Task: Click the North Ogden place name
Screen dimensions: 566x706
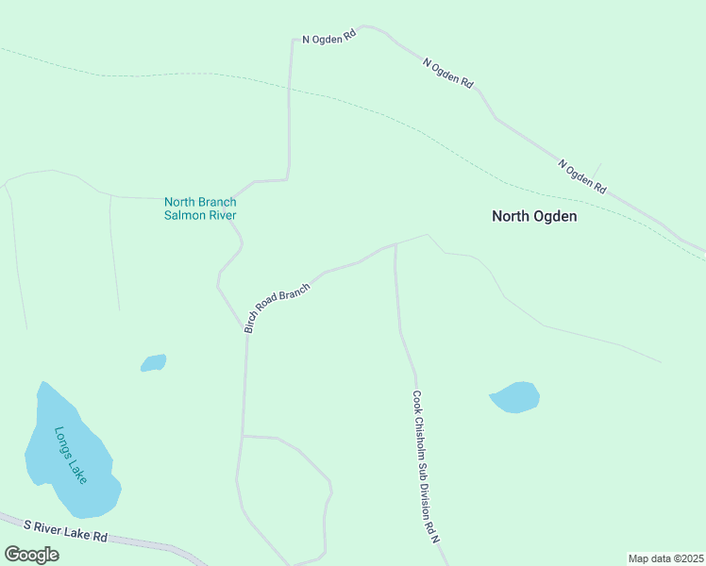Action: pos(534,216)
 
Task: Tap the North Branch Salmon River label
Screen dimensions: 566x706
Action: pos(200,208)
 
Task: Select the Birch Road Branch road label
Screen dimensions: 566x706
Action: pos(277,308)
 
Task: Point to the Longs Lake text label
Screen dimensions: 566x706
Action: pos(71,456)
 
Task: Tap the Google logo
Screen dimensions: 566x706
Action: pos(32,555)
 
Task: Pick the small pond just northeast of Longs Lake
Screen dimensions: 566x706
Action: pos(154,362)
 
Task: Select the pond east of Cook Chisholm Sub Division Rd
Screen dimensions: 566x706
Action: pos(515,397)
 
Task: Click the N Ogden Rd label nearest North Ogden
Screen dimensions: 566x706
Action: pos(581,176)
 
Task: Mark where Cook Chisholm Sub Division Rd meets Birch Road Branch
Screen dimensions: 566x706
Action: pos(395,243)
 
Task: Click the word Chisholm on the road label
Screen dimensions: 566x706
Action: pos(422,438)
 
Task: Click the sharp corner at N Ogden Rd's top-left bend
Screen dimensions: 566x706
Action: pos(293,41)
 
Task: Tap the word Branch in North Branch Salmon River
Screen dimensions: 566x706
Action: pos(218,202)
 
